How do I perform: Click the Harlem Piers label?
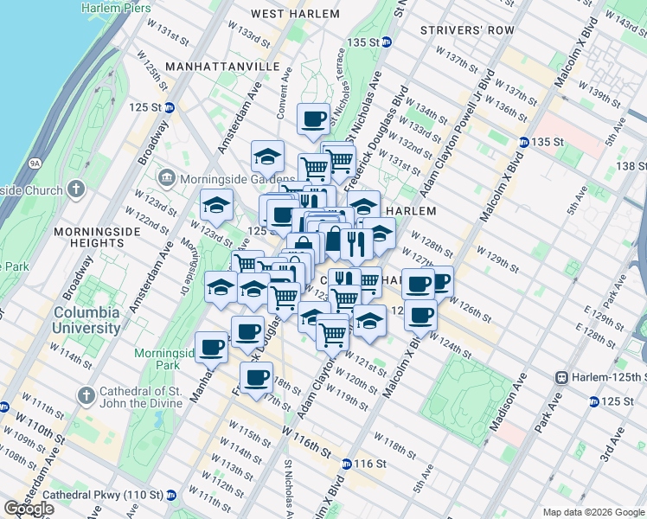pyautogui.click(x=117, y=7)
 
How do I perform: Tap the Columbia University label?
pyautogui.click(x=87, y=320)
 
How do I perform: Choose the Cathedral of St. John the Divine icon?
pyautogui.click(x=85, y=395)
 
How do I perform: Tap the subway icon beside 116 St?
pyautogui.click(x=347, y=465)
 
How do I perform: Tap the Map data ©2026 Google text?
pyautogui.click(x=593, y=512)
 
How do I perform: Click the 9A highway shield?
pyautogui.click(x=35, y=162)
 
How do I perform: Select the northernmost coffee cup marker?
pyautogui.click(x=312, y=119)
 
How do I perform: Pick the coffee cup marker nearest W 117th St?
pyautogui.click(x=256, y=377)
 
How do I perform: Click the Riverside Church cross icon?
pyautogui.click(x=76, y=189)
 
